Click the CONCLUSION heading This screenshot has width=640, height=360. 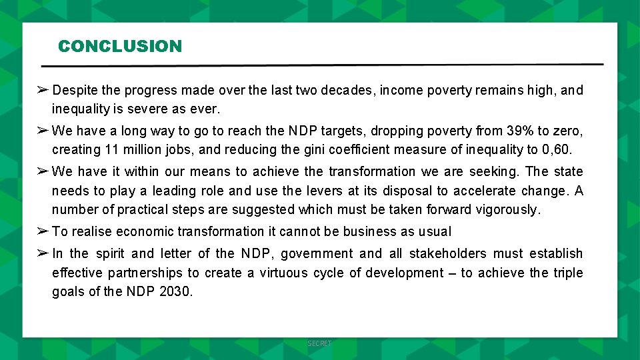(x=119, y=47)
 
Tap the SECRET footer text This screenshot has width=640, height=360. (x=319, y=343)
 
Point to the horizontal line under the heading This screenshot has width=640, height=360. (x=322, y=66)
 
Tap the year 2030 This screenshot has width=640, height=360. (x=176, y=292)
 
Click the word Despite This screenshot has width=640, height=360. (x=75, y=90)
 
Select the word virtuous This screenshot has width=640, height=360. (x=283, y=273)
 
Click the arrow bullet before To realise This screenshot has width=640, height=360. (x=41, y=231)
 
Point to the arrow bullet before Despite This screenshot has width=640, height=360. (x=41, y=90)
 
